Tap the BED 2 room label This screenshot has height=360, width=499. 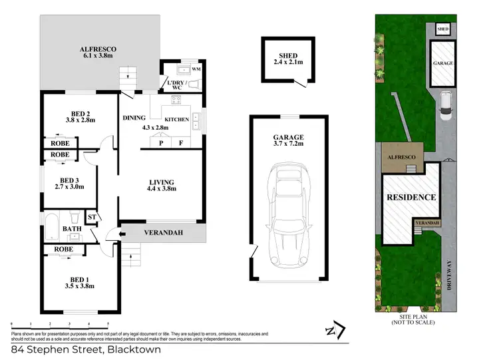[x=78, y=116]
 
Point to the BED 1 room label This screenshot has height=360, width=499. [x=78, y=282]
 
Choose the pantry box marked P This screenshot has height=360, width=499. [x=160, y=142]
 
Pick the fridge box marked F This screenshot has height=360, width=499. [x=180, y=142]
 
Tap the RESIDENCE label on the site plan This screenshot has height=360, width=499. [x=412, y=197]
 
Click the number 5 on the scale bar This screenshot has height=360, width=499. [x=98, y=322]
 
